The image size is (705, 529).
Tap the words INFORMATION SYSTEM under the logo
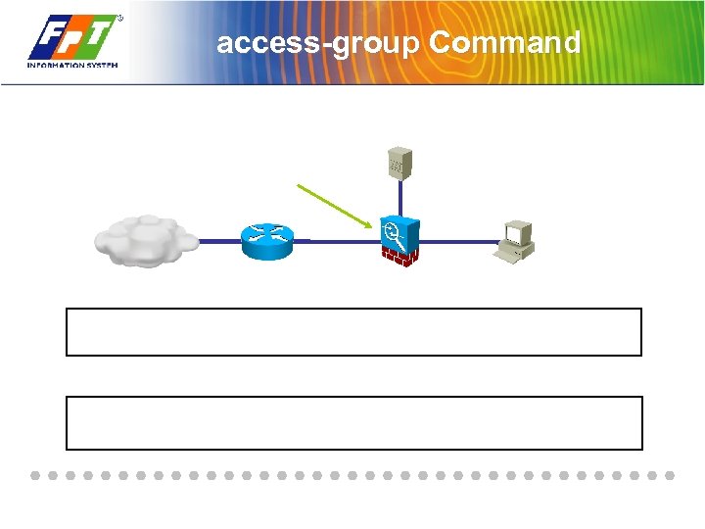(x=71, y=66)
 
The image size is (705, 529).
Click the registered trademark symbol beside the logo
(x=119, y=18)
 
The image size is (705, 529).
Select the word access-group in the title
(x=318, y=44)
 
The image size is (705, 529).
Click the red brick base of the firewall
(x=399, y=257)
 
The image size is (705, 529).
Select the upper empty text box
(x=353, y=332)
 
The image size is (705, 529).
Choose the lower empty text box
(x=353, y=423)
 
